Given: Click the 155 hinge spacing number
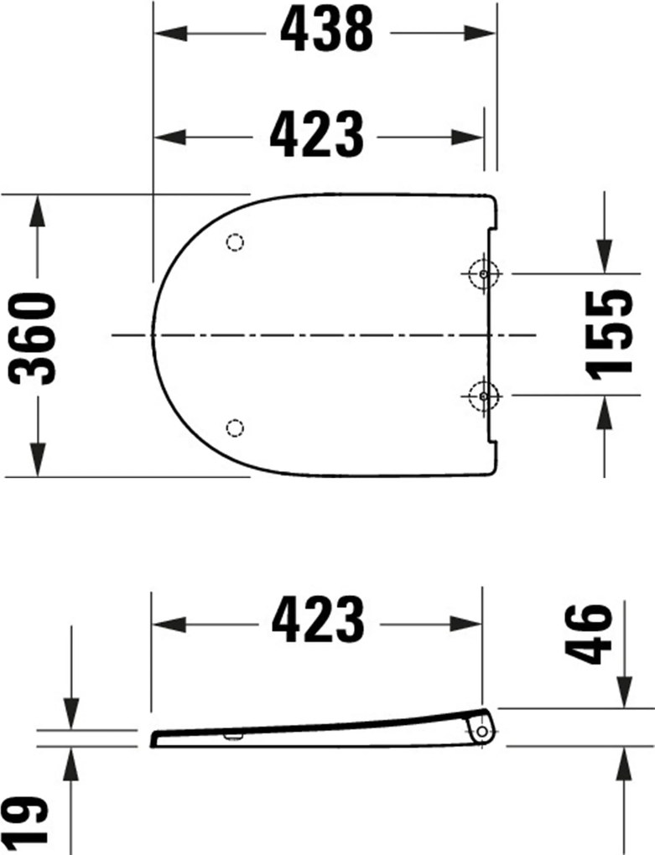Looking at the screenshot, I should (x=609, y=334).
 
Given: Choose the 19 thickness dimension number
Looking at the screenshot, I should (x=31, y=821).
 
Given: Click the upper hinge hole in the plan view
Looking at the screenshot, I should (x=484, y=273).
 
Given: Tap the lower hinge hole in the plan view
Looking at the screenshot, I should (x=484, y=392).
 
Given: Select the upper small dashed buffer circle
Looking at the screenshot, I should (x=236, y=243).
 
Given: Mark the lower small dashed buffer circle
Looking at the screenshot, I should (x=236, y=428).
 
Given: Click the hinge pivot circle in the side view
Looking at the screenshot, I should (x=482, y=732).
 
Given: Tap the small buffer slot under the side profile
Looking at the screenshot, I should (x=232, y=737).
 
